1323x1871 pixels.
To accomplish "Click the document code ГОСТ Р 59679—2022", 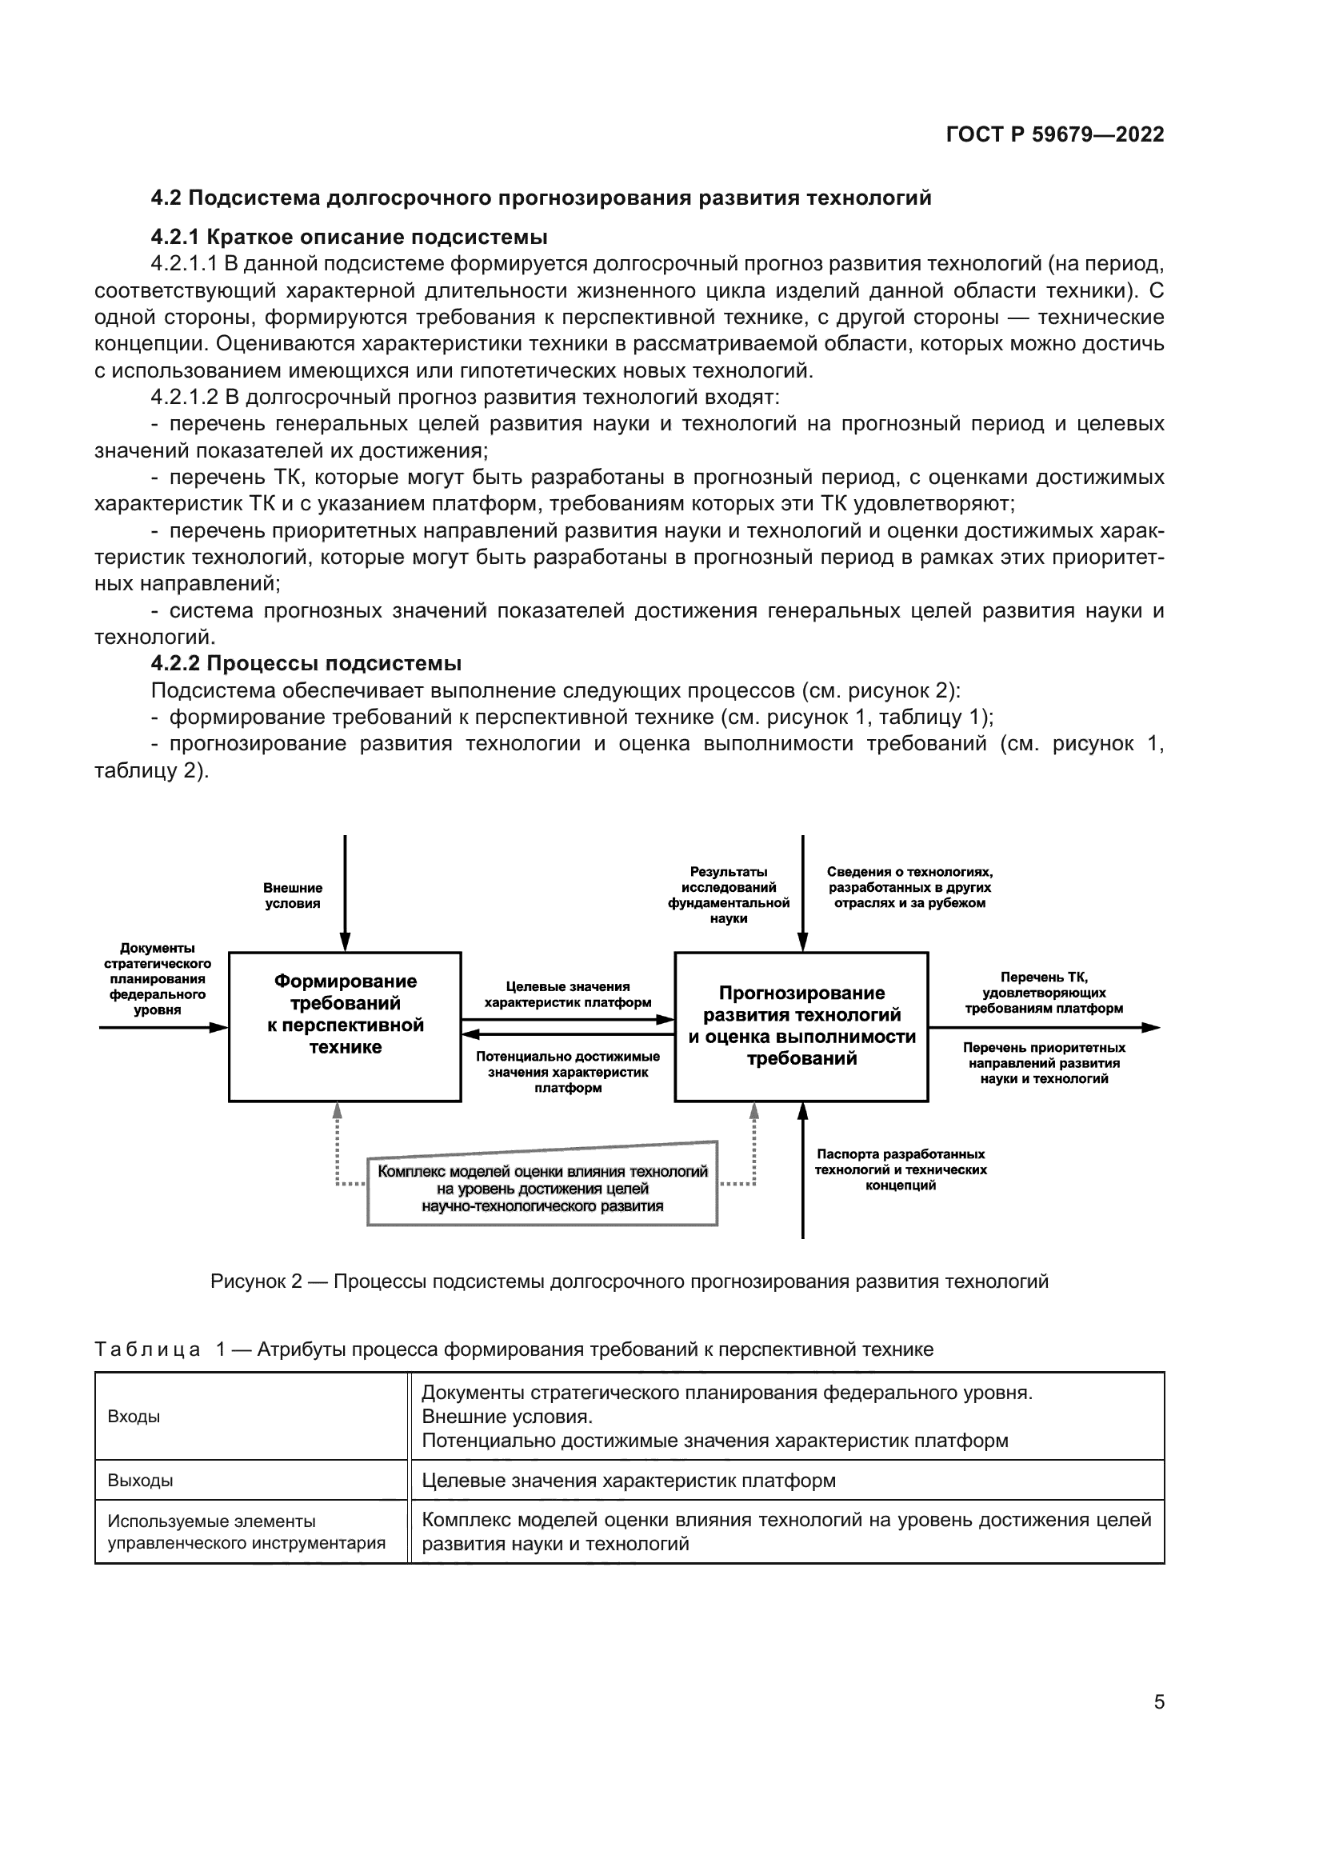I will (x=1054, y=134).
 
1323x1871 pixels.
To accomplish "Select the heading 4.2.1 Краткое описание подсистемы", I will (x=349, y=237).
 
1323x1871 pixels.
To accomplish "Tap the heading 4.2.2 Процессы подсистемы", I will (x=306, y=663).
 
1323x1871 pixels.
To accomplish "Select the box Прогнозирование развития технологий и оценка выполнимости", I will (x=801, y=1026).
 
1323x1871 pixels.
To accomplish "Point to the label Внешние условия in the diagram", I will (x=293, y=896).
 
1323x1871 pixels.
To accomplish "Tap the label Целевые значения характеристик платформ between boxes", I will (x=568, y=994).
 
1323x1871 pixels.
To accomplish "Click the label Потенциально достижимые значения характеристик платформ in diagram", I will (x=568, y=1072).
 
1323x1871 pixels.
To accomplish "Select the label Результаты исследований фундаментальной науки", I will (x=729, y=895).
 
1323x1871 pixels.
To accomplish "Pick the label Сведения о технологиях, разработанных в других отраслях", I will (x=909, y=887).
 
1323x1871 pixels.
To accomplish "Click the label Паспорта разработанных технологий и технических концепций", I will (x=900, y=1169).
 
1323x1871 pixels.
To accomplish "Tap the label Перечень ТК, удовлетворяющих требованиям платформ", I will (x=1044, y=993).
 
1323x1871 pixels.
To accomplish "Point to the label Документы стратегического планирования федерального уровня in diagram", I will (x=158, y=978).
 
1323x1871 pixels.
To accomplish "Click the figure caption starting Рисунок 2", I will (x=629, y=1281).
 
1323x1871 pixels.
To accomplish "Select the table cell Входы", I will (x=134, y=1417).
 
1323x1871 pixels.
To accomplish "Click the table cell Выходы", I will (x=140, y=1481).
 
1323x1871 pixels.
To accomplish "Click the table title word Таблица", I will (x=147, y=1349).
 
